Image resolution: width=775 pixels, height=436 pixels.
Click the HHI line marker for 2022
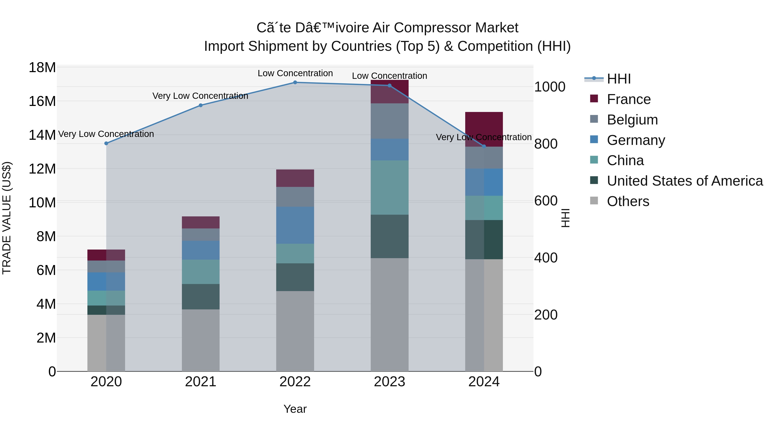click(x=295, y=82)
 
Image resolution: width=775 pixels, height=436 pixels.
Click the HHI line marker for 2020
click(x=106, y=144)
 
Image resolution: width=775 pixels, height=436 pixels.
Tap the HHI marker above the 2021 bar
click(x=201, y=105)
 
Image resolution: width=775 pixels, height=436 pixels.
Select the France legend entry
click(x=628, y=99)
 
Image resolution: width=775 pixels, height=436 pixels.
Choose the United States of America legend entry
click(x=684, y=181)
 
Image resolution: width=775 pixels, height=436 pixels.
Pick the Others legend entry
click(x=628, y=201)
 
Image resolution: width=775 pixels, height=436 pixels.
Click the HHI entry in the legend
click(x=618, y=79)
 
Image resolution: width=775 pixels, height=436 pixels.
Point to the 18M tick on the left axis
click(x=42, y=68)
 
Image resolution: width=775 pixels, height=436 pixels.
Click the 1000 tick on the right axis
click(x=549, y=87)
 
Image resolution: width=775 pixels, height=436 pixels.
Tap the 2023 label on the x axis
click(x=389, y=382)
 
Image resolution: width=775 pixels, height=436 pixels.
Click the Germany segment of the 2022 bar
click(x=295, y=225)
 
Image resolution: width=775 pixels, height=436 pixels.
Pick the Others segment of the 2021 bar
click(x=201, y=340)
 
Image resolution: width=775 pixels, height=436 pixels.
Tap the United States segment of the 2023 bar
click(x=389, y=236)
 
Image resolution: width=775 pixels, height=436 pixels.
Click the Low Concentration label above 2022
click(x=295, y=73)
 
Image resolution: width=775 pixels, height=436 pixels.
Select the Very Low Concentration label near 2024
click(x=484, y=137)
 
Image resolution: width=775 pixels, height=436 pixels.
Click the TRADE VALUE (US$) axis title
click(x=7, y=218)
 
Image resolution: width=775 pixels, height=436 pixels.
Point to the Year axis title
click(x=295, y=409)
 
